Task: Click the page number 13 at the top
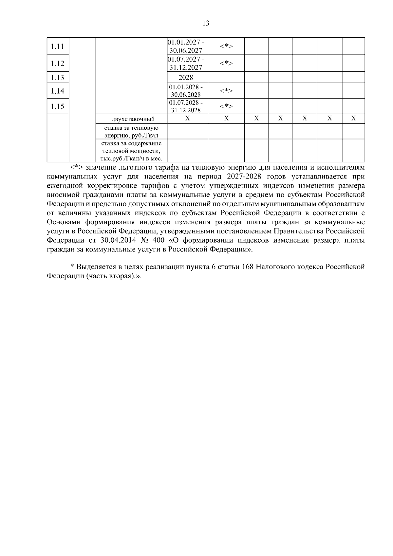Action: pyautogui.click(x=206, y=23)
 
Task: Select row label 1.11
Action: pyautogui.click(x=58, y=46)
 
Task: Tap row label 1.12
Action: pyautogui.click(x=58, y=64)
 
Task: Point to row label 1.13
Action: pyautogui.click(x=58, y=78)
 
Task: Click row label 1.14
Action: pyautogui.click(x=58, y=91)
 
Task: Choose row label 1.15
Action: pyautogui.click(x=58, y=106)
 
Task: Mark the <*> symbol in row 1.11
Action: pyautogui.click(x=226, y=46)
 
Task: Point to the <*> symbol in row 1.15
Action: pyautogui.click(x=226, y=106)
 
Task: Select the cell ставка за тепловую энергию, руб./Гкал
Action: pyautogui.click(x=131, y=132)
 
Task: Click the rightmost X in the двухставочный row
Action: pyautogui.click(x=353, y=119)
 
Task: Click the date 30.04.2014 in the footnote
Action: pyautogui.click(x=116, y=240)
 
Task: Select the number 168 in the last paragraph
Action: pyautogui.click(x=248, y=267)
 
